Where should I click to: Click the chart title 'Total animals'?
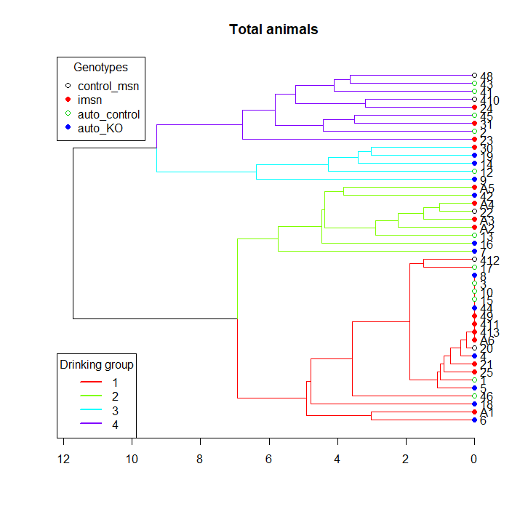[x=273, y=30]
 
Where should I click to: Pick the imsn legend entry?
[x=90, y=100]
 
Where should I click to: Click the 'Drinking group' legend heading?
[x=96, y=365]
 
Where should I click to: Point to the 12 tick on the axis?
[x=64, y=460]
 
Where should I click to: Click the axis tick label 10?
[x=132, y=460]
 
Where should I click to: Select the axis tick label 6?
[x=269, y=460]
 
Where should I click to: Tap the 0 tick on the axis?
[x=474, y=460]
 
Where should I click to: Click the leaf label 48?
[x=487, y=76]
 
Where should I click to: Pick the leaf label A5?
[x=487, y=188]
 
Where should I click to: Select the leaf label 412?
[x=489, y=260]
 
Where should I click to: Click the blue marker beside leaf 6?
[x=474, y=420]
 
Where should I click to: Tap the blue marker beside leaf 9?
[x=474, y=180]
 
